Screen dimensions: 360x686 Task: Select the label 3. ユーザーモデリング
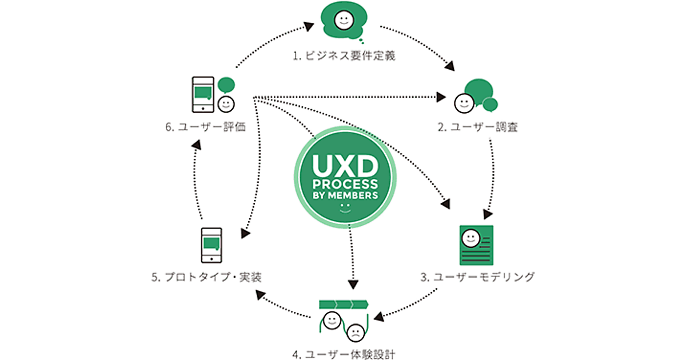click(478, 277)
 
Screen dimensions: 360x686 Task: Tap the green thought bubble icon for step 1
click(342, 22)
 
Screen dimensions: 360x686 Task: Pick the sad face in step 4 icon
click(355, 331)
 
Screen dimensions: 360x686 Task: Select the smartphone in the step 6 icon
click(202, 95)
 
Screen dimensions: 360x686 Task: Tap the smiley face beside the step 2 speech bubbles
click(462, 102)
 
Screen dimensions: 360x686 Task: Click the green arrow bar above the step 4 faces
click(343, 303)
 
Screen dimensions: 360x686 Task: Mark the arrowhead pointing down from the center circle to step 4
click(353, 283)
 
